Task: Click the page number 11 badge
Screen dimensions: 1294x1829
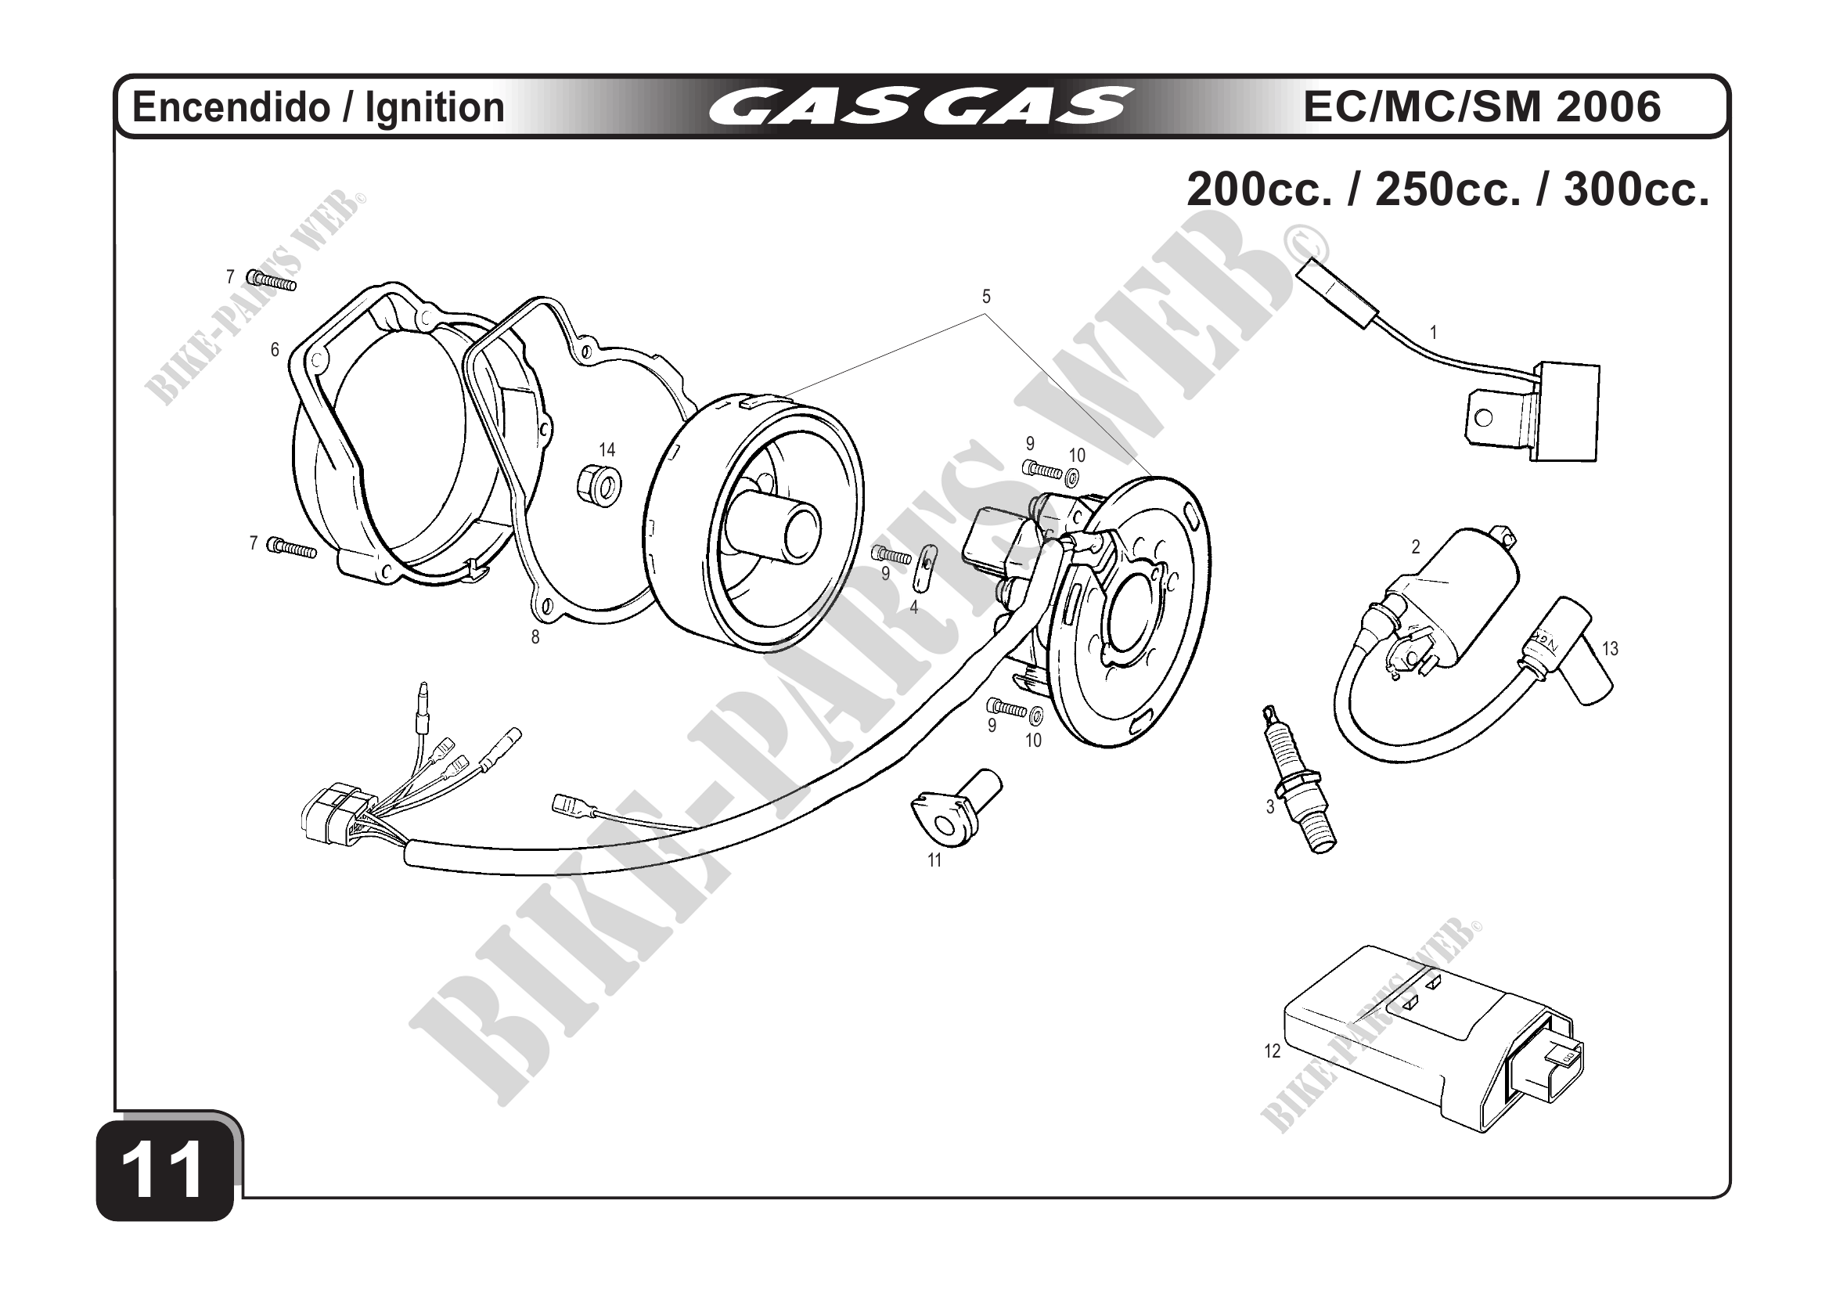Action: pos(165,1170)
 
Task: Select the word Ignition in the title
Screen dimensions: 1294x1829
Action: pos(435,107)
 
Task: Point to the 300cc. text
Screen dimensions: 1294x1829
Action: pos(1636,189)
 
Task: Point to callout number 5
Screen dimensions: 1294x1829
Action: pos(986,297)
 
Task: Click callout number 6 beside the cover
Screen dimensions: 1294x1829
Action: pos(275,349)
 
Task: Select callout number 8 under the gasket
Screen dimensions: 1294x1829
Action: pos(535,636)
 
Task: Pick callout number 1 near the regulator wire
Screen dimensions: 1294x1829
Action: pos(1434,332)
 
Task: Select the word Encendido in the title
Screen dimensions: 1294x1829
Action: pos(230,107)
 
